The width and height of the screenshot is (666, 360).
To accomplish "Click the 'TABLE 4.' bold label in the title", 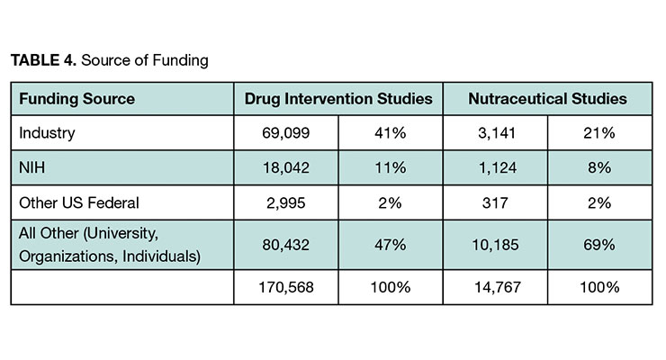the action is tap(43, 60).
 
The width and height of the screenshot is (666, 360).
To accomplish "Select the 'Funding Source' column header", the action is tap(76, 99).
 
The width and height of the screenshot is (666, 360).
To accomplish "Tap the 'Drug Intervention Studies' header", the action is tap(338, 99).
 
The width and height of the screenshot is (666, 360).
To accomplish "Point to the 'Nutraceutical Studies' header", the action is tap(547, 99).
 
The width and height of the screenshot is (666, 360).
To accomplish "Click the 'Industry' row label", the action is tap(47, 133).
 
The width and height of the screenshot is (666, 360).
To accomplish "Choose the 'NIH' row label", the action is tap(31, 167).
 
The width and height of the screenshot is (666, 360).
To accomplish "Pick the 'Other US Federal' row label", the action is tap(79, 202).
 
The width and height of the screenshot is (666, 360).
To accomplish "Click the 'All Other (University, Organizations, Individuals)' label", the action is tap(110, 245).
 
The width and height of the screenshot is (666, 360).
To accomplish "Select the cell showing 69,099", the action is tap(286, 133).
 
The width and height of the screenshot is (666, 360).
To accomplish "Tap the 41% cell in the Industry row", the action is tap(391, 133).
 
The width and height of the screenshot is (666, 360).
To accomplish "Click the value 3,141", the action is tap(496, 133).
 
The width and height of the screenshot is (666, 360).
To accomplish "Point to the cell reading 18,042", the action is tap(286, 168).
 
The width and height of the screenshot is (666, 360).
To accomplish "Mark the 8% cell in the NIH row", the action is tap(599, 168).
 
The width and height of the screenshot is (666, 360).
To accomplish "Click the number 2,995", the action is tap(286, 202).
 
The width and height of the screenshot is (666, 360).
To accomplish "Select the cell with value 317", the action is tap(495, 202).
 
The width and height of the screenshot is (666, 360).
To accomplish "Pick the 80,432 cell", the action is tap(286, 245).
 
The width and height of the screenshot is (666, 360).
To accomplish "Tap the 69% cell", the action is tap(599, 245).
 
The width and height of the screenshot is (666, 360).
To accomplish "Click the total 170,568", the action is tap(286, 287).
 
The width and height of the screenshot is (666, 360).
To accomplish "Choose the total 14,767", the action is tap(498, 287).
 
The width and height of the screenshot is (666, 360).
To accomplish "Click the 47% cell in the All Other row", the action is tap(391, 245).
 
